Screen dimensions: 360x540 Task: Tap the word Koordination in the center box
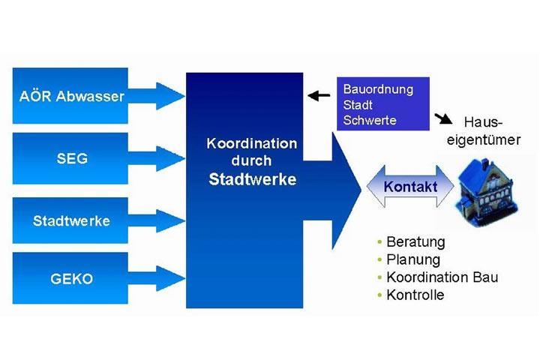point(251,143)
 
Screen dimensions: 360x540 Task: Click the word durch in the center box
point(251,160)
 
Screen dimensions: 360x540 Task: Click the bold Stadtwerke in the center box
point(252,179)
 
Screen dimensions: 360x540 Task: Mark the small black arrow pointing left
point(319,95)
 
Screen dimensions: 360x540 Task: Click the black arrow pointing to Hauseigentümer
point(442,118)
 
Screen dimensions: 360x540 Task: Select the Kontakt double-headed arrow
point(410,186)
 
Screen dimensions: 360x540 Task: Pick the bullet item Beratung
point(415,242)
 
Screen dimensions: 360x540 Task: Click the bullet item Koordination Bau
point(442,277)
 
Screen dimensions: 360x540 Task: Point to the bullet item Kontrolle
point(415,295)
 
